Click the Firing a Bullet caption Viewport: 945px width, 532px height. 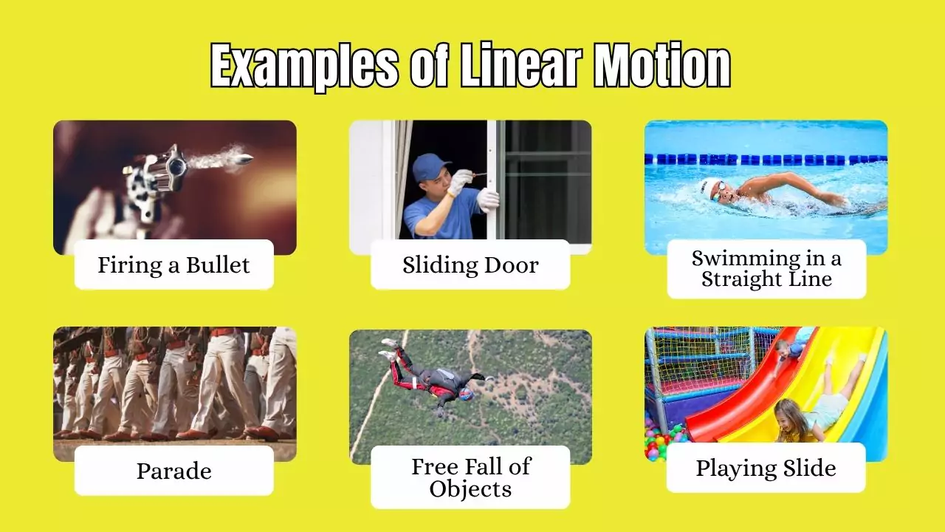[174, 265]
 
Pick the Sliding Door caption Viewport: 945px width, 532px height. [470, 265]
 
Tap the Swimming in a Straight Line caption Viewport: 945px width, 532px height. [766, 269]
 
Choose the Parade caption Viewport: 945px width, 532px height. [174, 471]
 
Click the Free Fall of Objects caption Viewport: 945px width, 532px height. [470, 477]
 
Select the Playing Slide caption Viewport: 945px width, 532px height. [766, 468]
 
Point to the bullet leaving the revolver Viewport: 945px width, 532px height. [241, 159]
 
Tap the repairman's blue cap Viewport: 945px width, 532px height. [429, 166]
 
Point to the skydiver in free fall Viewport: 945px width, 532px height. [436, 377]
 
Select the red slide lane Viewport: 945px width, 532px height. [746, 392]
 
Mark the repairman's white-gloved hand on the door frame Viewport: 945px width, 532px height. [487, 198]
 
